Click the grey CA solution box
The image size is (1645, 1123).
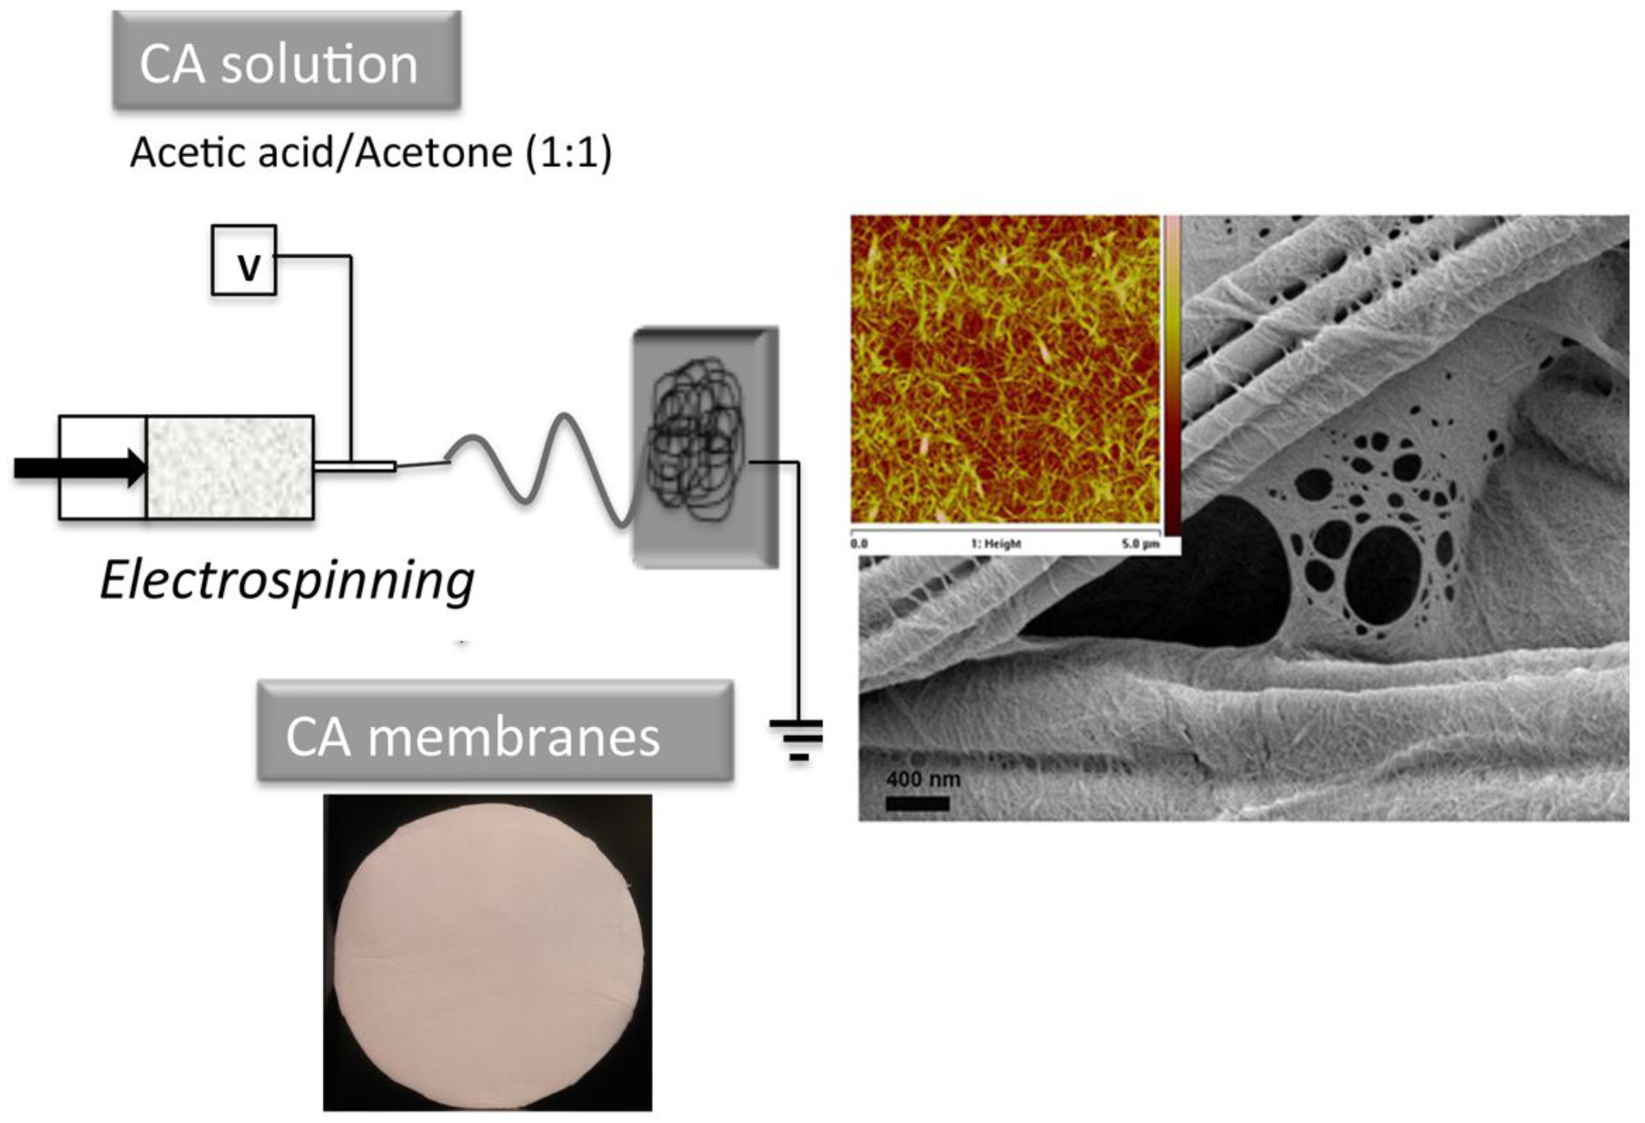[x=287, y=62]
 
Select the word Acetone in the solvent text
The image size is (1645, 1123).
[x=434, y=152]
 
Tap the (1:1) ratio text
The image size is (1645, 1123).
[x=568, y=152]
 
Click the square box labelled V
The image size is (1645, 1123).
[x=244, y=261]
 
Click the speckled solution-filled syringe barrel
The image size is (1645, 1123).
[x=230, y=467]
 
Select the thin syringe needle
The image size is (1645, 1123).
[x=354, y=466]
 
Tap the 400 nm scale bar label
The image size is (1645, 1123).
[x=922, y=779]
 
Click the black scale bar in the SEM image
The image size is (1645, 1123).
[x=917, y=803]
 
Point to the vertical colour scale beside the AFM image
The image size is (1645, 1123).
[x=1172, y=375]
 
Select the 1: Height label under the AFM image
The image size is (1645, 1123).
[x=996, y=544]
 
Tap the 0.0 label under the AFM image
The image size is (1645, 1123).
[x=859, y=544]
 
